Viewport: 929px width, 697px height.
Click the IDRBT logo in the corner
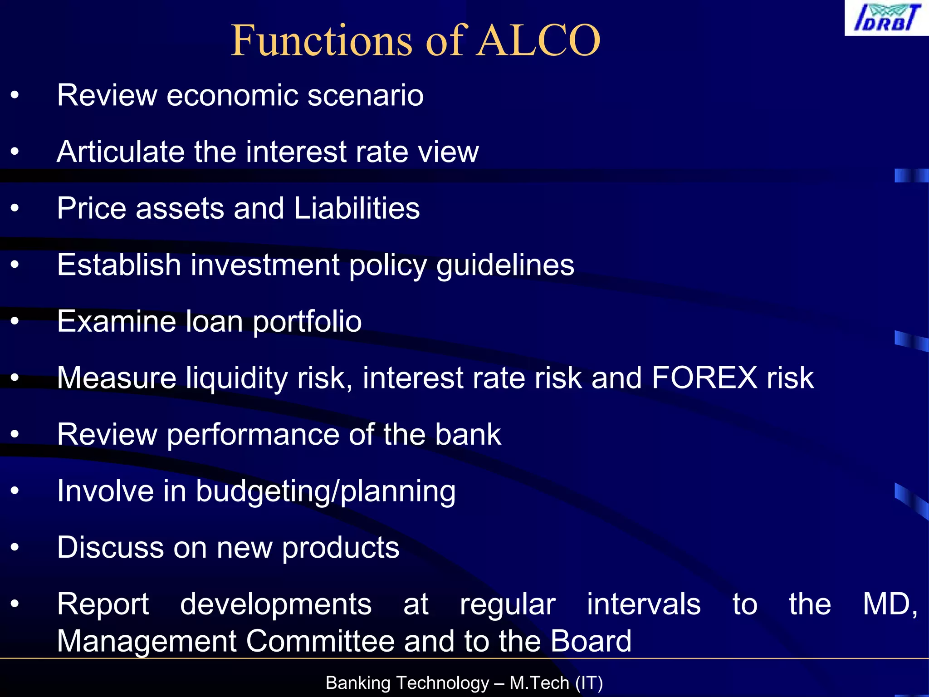(886, 18)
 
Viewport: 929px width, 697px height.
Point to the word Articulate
(120, 152)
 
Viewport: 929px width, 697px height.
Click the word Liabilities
(357, 208)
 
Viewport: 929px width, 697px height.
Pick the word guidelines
(505, 265)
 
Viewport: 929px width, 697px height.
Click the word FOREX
(704, 378)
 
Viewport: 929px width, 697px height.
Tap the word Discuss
(110, 548)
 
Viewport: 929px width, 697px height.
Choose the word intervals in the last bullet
(644, 604)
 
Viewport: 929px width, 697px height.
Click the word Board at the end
(591, 641)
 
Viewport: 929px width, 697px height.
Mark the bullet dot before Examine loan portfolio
(15, 321)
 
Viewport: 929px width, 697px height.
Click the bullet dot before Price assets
(15, 208)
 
